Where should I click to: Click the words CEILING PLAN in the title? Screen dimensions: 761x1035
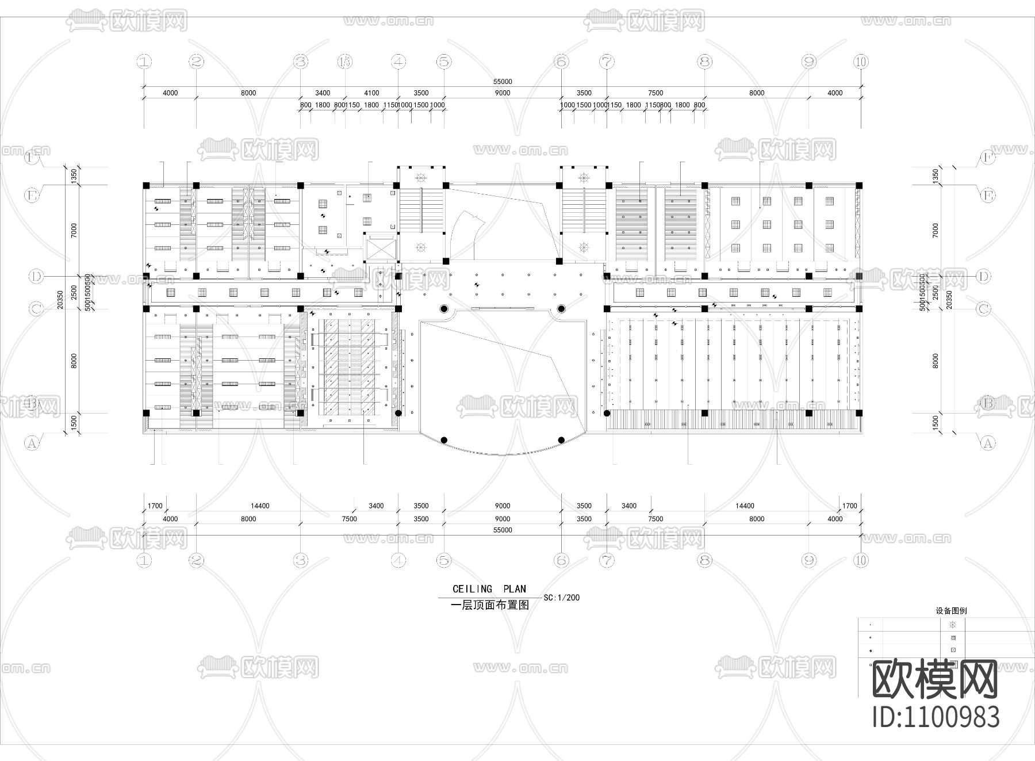489,589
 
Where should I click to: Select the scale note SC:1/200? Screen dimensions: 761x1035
561,598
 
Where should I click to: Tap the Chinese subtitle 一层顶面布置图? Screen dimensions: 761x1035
489,605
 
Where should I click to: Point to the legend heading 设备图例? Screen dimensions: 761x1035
951,611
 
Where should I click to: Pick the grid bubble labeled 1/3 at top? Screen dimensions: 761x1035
345,61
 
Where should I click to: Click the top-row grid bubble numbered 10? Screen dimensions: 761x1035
861,61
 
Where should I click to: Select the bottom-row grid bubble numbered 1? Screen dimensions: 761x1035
144,560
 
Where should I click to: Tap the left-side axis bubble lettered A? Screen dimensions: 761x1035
32,443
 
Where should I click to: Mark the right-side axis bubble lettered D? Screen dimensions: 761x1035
984,277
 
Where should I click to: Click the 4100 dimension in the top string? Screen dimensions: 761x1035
371,93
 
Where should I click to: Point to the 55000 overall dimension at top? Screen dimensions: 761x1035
502,82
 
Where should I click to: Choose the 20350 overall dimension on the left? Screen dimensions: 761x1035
60,299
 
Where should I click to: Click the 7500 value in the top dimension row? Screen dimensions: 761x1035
655,93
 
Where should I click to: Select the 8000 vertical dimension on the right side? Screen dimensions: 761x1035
936,361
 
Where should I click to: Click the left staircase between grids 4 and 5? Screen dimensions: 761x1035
421,209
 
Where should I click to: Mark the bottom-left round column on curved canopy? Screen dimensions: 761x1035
444,440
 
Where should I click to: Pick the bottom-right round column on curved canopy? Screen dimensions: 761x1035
561,440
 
